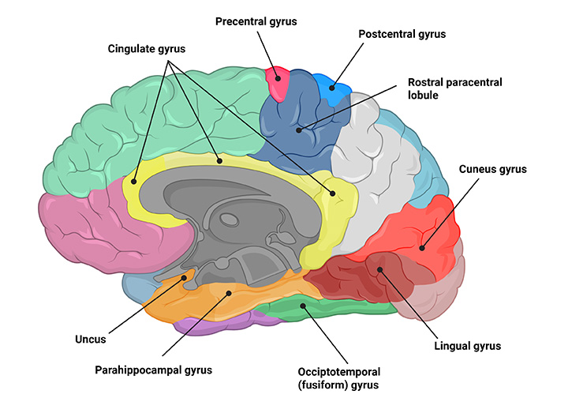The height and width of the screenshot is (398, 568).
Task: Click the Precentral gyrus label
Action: tap(256, 21)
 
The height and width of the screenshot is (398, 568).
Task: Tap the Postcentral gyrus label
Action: tap(402, 35)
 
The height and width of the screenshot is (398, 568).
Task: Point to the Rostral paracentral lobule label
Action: tap(454, 88)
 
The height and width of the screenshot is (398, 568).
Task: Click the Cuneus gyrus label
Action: tap(492, 169)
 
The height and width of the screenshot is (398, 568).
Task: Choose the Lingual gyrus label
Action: tap(468, 346)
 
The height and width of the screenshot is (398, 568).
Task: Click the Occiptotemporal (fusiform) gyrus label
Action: tap(339, 377)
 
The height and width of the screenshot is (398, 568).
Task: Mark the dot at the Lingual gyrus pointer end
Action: tap(380, 271)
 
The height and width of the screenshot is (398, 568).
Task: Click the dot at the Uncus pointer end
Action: tap(185, 277)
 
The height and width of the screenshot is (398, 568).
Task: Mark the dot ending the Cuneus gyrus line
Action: tap(423, 249)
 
